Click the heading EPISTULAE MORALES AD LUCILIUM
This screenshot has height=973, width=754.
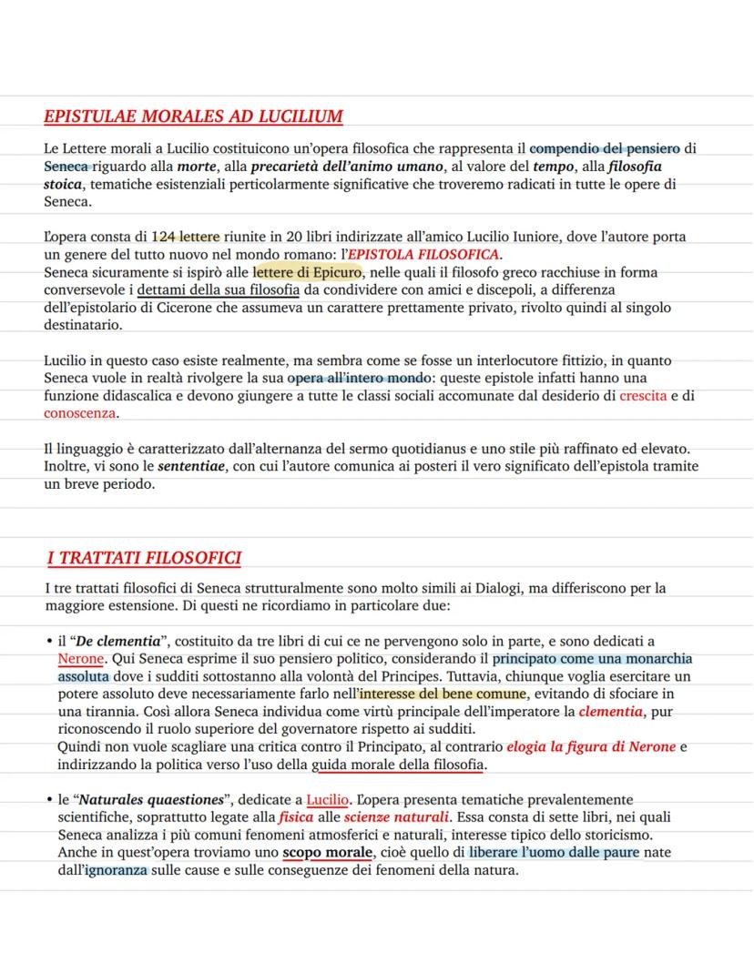(193, 117)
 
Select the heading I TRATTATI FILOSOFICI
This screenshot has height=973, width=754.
(144, 557)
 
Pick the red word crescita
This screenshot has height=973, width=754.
(643, 396)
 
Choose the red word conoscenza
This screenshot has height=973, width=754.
(80, 413)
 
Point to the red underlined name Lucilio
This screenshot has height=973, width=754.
(327, 800)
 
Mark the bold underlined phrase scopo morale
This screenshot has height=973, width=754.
(327, 853)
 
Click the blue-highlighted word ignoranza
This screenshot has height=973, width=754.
(117, 871)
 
